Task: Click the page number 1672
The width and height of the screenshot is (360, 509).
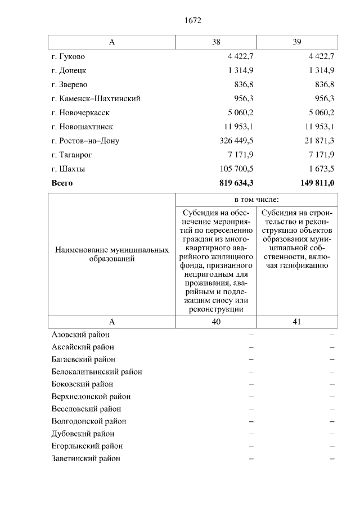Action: (x=192, y=21)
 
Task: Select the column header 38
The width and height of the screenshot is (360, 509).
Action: (x=216, y=42)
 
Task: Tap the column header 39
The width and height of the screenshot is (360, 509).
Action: (x=297, y=42)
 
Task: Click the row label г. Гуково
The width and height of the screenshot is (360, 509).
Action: (x=68, y=56)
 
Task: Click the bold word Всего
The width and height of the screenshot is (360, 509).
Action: (x=62, y=183)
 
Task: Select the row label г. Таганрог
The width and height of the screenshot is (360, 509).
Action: (x=71, y=155)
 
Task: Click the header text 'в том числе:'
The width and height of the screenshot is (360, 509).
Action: (x=256, y=200)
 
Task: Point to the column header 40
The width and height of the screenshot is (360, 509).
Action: (x=216, y=321)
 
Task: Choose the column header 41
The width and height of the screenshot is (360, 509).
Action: (x=297, y=321)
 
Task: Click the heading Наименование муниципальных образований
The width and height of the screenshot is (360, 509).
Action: (x=111, y=255)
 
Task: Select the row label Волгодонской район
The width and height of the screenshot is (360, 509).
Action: (x=88, y=421)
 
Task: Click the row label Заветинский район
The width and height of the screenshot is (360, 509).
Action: (x=85, y=458)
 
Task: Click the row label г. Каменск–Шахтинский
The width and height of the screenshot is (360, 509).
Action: (x=96, y=98)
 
